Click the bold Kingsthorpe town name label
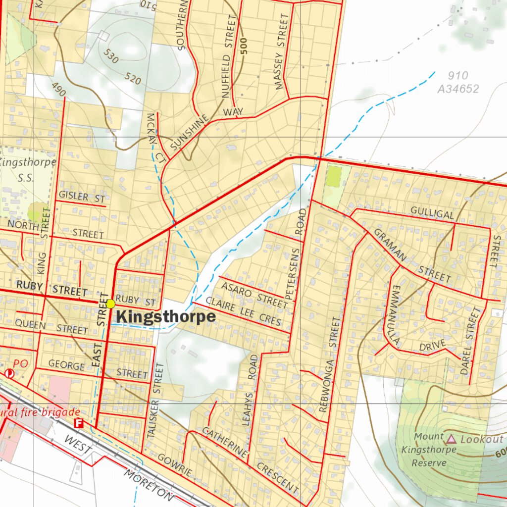coord(166,317)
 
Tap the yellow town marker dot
coord(110,303)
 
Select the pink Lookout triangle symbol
coord(451,439)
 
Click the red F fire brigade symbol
coord(78,423)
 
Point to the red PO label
coord(21,364)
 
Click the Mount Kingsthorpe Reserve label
coord(429,450)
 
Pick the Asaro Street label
coord(253,294)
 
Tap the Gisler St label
coord(82,197)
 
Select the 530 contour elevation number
coord(111,56)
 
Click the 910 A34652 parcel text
coord(458,83)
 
